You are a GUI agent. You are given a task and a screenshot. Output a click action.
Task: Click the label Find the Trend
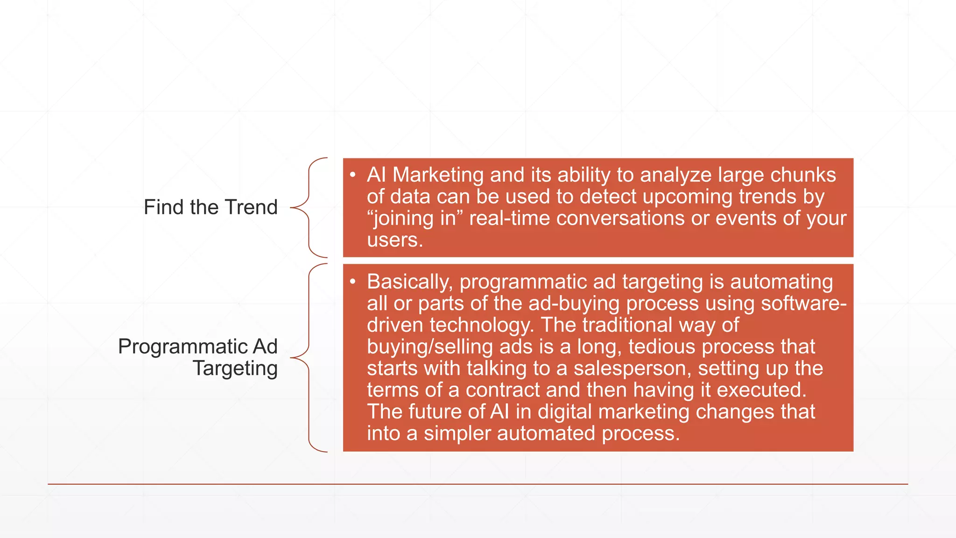[x=211, y=207]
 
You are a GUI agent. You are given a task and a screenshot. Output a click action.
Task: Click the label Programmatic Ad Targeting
[x=198, y=357]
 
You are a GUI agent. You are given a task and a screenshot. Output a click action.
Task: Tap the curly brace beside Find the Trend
[x=309, y=208]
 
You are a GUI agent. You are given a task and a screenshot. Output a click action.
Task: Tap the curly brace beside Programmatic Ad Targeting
[x=309, y=358]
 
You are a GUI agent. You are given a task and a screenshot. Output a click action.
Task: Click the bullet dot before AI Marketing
[x=353, y=175]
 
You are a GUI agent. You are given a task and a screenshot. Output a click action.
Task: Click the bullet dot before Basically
[x=353, y=282]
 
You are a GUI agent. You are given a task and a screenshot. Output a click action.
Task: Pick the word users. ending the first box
[x=395, y=240]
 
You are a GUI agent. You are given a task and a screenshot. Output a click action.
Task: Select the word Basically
[x=410, y=282]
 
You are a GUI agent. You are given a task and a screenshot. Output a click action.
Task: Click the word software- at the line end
[x=803, y=304]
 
